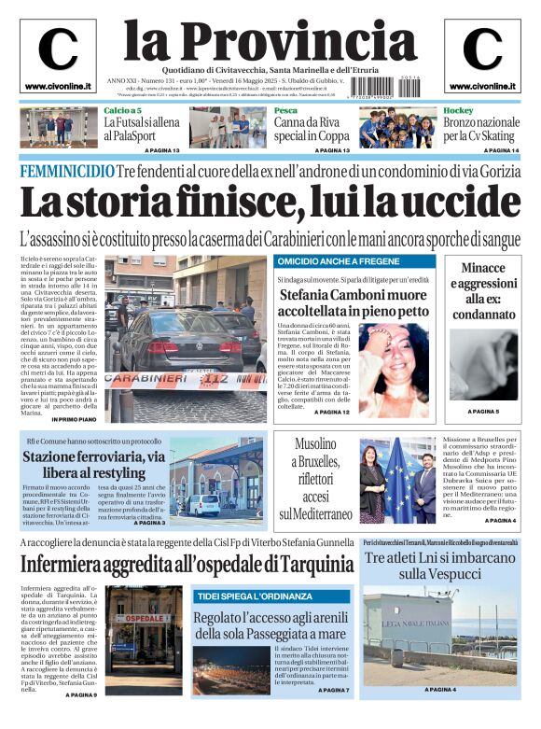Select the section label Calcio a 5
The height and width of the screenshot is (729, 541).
tap(122, 110)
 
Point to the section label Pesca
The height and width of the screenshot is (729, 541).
tap(285, 110)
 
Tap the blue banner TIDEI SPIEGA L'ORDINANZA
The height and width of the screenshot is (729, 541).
tap(254, 596)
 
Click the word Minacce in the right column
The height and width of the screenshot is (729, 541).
tap(483, 269)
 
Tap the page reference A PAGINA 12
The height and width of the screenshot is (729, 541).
tap(332, 412)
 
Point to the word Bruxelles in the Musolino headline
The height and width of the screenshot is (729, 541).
tap(315, 462)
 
